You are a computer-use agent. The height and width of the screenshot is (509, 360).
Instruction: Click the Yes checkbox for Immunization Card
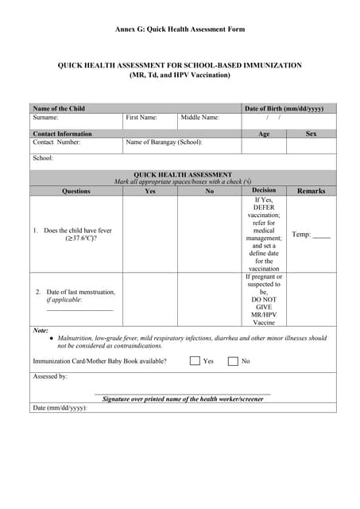pos(195,361)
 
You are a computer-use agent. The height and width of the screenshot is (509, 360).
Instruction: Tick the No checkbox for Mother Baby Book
pos(233,361)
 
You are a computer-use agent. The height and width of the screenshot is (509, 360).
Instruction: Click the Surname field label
pos(45,118)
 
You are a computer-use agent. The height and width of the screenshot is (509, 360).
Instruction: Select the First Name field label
pos(141,118)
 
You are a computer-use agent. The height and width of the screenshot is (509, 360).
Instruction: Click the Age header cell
pos(264,134)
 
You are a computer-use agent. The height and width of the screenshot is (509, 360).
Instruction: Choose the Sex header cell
pos(311,134)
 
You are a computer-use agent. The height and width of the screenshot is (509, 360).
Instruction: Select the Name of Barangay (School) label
pos(164,142)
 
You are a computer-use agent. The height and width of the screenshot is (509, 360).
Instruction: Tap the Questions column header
pos(76,191)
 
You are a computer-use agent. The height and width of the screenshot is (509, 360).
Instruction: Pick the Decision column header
pos(264,191)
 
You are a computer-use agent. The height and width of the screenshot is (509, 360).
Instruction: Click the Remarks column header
pos(311,191)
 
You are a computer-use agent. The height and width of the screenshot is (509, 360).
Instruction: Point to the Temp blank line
pos(321,237)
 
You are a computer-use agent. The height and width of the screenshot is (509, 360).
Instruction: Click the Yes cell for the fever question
pos(149,235)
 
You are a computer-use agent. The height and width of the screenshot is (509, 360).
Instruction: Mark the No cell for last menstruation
pos(209,300)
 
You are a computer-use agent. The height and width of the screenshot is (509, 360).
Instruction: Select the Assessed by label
pos(50,376)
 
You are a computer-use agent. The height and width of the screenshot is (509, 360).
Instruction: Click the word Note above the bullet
pos(41,330)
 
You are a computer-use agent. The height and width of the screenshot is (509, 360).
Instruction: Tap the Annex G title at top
pos(180,29)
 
